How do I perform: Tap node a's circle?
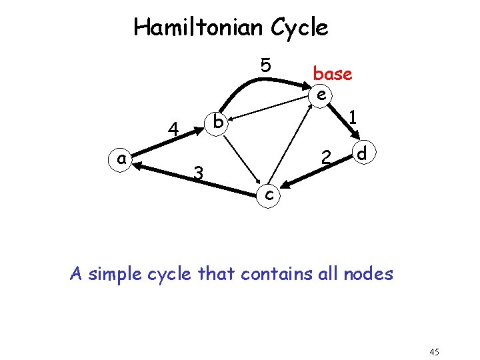pyautogui.click(x=121, y=159)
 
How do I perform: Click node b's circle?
pyautogui.click(x=217, y=123)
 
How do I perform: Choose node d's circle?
pyautogui.click(x=362, y=154)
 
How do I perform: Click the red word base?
pyautogui.click(x=332, y=74)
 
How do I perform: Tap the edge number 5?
pyautogui.click(x=265, y=65)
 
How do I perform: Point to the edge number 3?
pyautogui.click(x=197, y=173)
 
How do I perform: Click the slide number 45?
pyautogui.click(x=435, y=352)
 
